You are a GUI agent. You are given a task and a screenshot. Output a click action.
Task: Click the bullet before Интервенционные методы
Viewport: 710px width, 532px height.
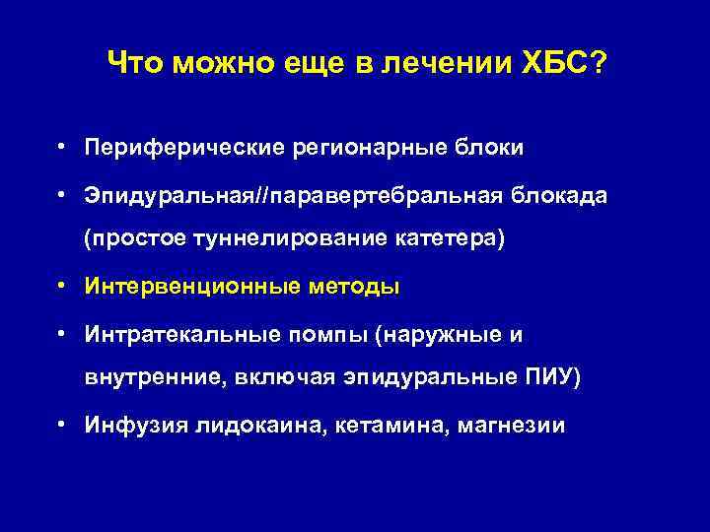coord(62,287)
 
